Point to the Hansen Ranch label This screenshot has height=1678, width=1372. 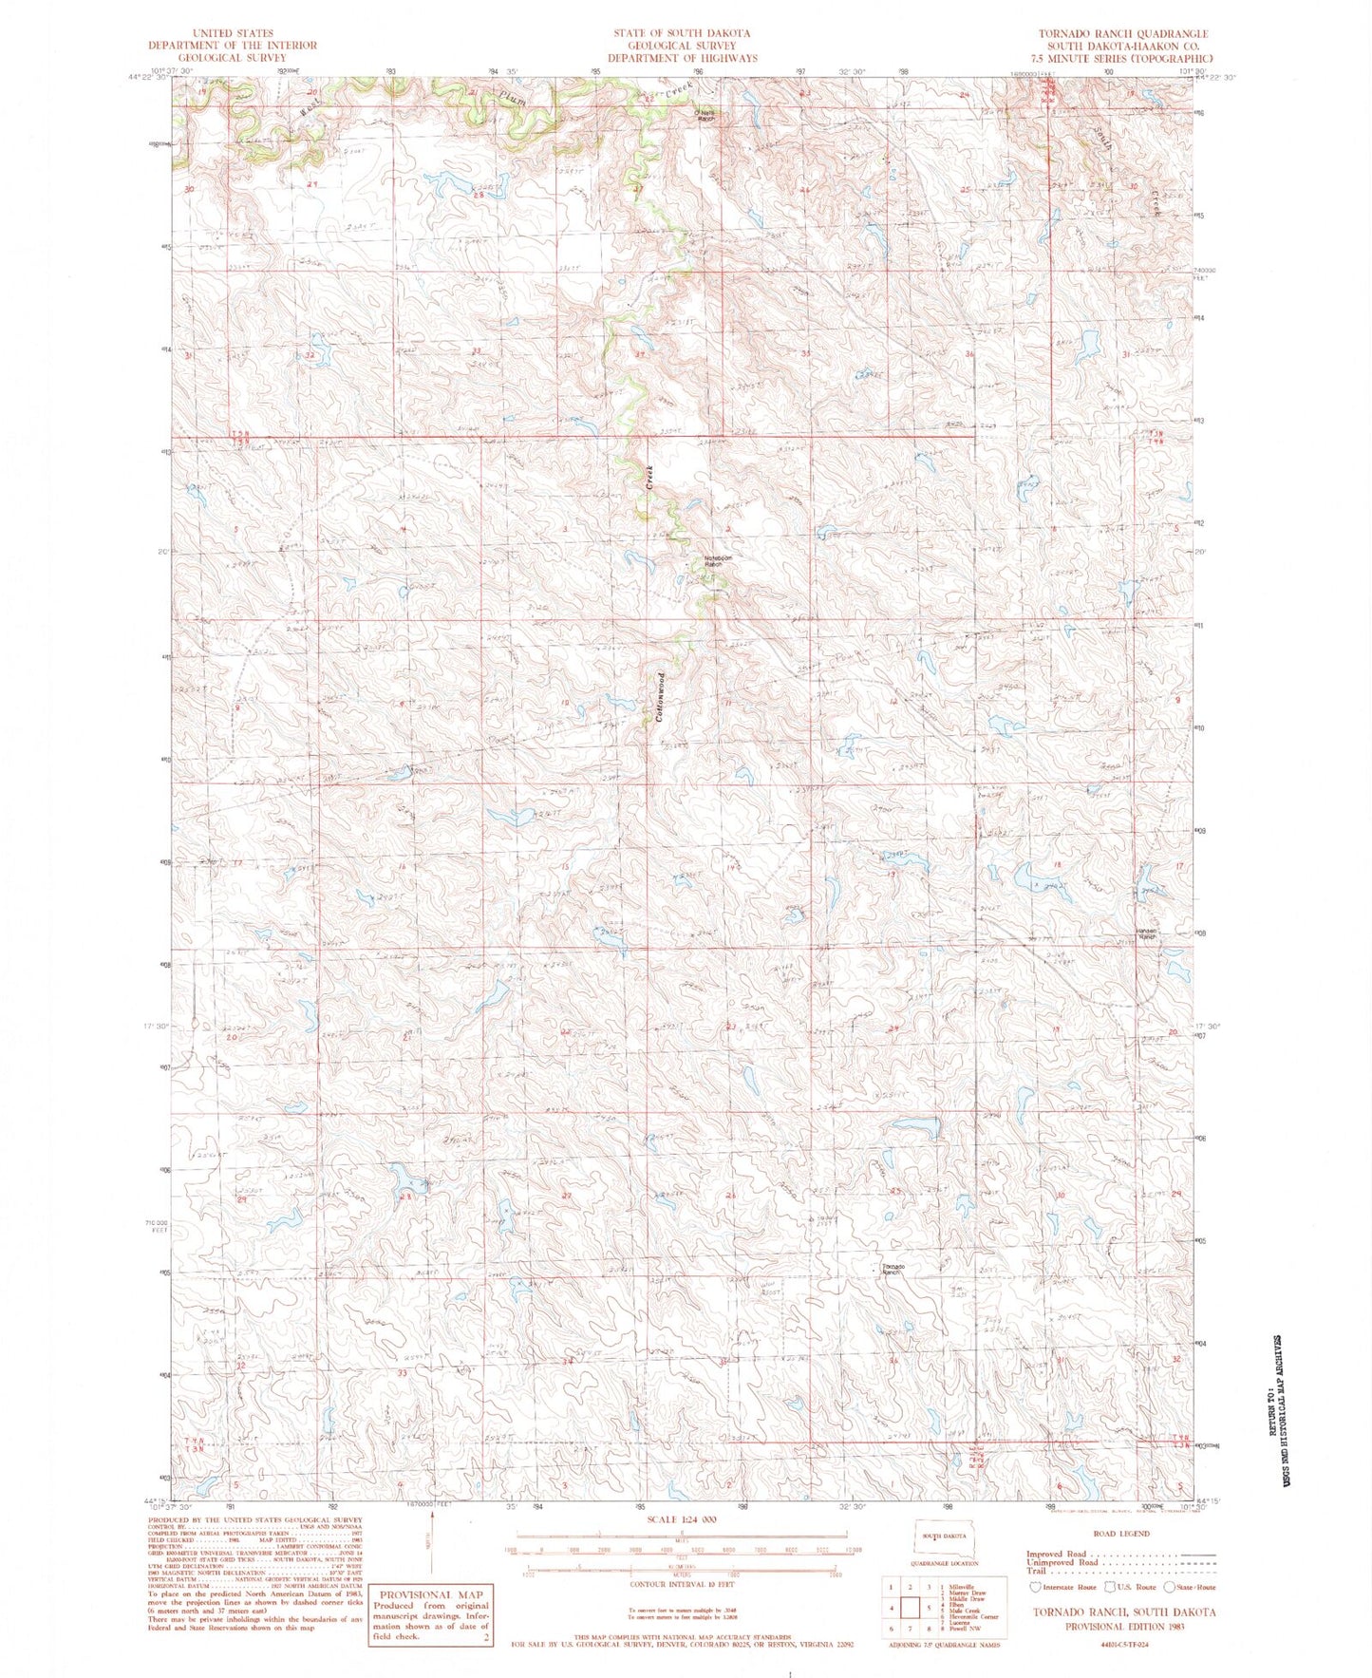1148,934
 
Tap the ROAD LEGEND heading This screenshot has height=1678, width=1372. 1122,1533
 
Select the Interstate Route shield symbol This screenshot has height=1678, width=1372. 1035,1587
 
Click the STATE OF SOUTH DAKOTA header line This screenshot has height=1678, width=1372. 682,33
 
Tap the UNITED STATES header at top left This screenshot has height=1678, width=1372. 233,33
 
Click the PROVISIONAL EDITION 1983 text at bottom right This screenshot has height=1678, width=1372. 1122,1626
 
